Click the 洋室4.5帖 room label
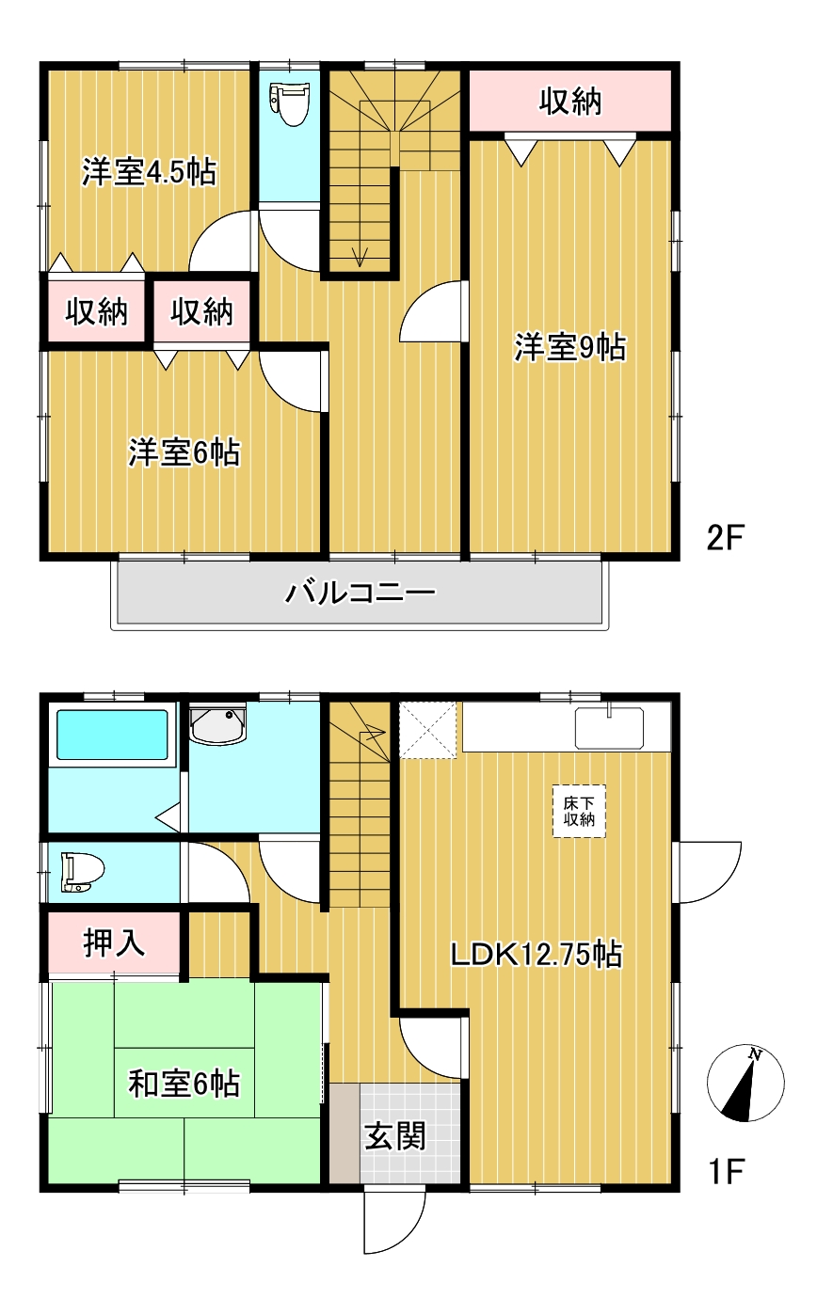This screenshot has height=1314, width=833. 149,172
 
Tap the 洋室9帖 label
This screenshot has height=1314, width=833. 569,347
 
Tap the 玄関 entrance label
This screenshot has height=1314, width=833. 395,1135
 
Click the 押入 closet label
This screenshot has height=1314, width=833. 115,942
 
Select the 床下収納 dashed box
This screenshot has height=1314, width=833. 579,811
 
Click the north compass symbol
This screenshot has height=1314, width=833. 745,1083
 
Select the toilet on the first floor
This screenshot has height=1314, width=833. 81,872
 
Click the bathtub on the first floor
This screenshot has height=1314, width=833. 112,735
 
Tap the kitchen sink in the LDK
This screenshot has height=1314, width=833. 610,726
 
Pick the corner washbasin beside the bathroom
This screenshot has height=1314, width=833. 218,724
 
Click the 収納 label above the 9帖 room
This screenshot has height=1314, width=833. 569,101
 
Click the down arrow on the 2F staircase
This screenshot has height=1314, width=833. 359,255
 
